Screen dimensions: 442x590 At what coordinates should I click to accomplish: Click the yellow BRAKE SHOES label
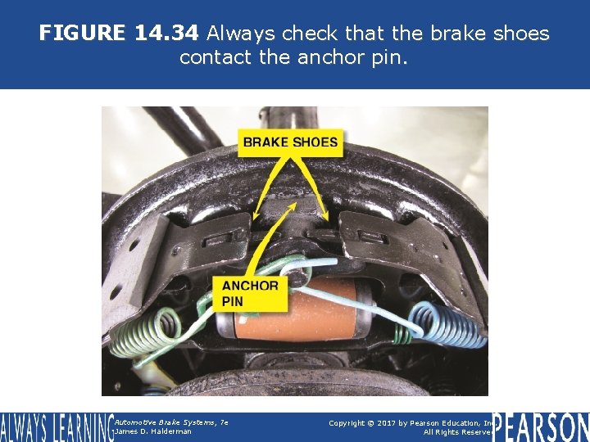[x=290, y=142]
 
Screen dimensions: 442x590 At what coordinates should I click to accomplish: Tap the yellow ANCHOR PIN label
[x=250, y=293]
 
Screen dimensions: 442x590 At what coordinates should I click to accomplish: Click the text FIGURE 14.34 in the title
[x=119, y=34]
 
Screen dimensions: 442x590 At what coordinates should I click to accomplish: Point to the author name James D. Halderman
[x=153, y=431]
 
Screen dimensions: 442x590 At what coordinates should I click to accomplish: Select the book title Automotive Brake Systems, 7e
[x=170, y=422]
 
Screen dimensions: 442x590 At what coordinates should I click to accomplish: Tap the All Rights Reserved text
[x=456, y=432]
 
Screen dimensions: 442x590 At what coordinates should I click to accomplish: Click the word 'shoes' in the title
[x=517, y=34]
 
